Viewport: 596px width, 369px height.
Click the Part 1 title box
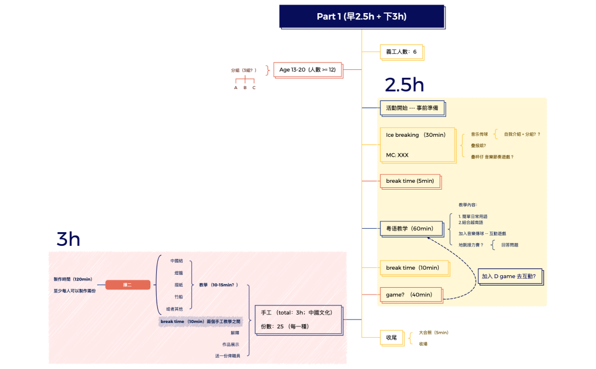[x=362, y=16]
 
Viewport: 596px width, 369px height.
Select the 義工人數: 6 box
[x=401, y=52]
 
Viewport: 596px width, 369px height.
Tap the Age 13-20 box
[x=308, y=70]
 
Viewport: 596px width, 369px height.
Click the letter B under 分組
[x=245, y=88]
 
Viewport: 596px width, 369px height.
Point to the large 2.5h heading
[x=404, y=85]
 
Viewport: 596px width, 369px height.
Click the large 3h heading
[x=68, y=240]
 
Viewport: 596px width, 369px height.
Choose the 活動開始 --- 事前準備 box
[x=412, y=107]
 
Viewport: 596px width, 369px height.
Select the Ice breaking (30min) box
[x=417, y=145]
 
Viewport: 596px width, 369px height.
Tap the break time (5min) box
[x=410, y=181]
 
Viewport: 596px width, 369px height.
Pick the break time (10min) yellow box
[x=413, y=268]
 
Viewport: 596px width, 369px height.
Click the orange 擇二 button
[x=128, y=285]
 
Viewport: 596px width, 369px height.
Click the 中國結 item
[x=177, y=261]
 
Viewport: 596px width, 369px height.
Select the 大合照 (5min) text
[x=434, y=333]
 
